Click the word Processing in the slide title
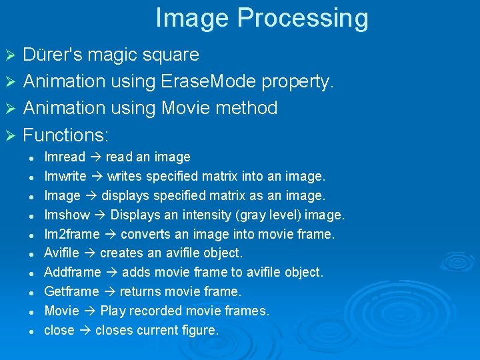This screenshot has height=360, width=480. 302,19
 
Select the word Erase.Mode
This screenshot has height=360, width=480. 209,81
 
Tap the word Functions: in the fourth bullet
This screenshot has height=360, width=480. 66,135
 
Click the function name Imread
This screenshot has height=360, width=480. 65,157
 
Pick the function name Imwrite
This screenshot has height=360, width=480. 65,177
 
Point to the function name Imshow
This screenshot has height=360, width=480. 67,215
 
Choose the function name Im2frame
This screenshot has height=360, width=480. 72,234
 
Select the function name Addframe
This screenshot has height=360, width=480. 73,272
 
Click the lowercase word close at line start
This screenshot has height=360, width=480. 59,330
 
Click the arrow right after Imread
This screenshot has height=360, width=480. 95,157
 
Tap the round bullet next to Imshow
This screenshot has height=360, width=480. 31,215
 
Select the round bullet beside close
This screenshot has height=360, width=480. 31,331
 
